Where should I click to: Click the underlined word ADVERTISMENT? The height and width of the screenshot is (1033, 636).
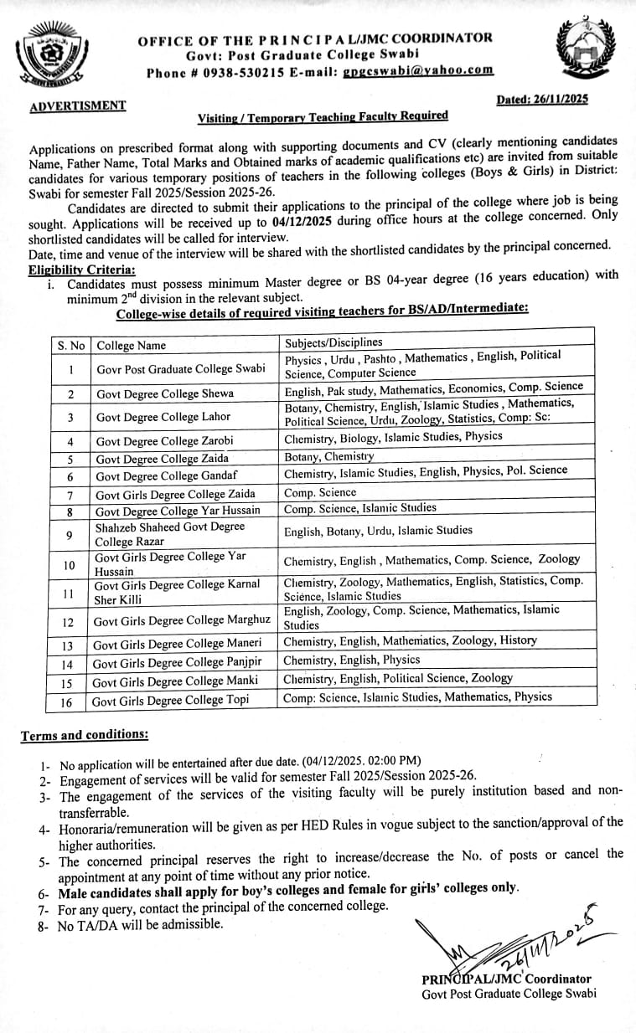click(x=78, y=106)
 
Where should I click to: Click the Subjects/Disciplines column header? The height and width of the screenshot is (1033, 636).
click(x=334, y=342)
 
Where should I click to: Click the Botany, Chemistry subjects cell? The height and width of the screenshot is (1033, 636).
click(x=329, y=457)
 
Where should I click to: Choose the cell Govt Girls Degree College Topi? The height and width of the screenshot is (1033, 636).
click(x=171, y=700)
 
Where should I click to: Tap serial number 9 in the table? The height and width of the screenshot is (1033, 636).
click(x=70, y=535)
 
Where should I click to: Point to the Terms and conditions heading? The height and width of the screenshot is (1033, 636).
click(x=85, y=735)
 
